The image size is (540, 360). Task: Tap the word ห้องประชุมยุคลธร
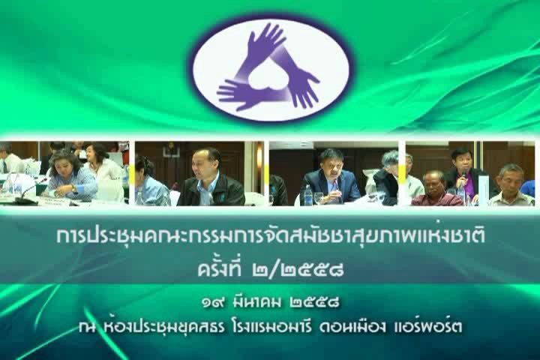click(164, 326)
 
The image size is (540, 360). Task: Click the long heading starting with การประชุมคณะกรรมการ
click(271, 237)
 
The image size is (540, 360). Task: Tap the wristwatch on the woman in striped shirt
click(73, 188)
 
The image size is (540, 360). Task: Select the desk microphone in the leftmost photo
click(30, 190)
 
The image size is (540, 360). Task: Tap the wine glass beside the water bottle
click(319, 199)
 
